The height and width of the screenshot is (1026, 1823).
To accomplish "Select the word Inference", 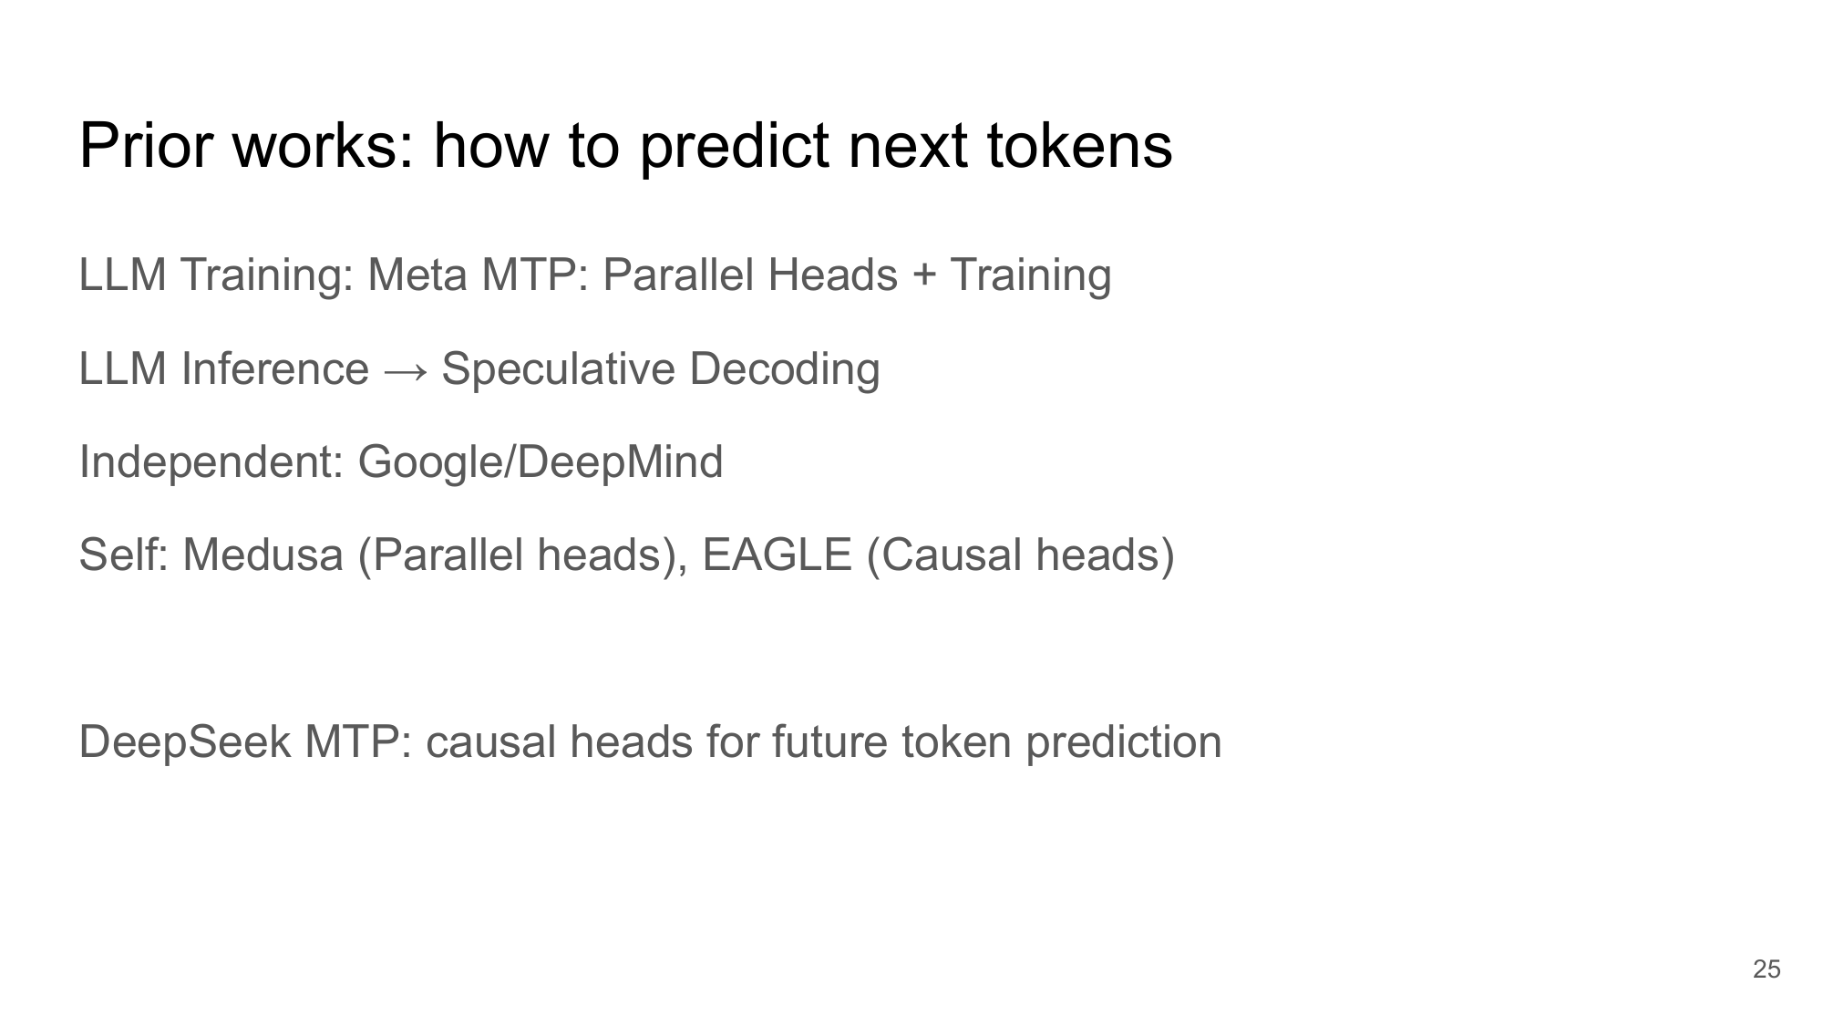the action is click(275, 368).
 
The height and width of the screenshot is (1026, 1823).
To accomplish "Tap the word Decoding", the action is click(785, 369).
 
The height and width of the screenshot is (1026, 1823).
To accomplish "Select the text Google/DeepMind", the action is click(541, 462).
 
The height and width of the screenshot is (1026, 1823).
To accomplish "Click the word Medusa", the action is click(263, 555).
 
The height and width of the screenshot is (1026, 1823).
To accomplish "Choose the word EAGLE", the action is click(777, 555).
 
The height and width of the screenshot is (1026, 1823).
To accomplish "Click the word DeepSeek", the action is click(185, 741).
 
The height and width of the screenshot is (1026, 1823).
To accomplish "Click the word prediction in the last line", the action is click(1124, 741).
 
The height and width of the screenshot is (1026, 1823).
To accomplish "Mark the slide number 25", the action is click(1766, 969).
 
